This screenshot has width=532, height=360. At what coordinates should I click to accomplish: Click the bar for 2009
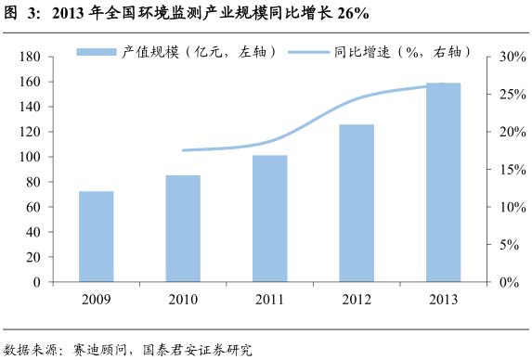point(97,237)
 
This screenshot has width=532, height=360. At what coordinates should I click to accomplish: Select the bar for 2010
point(183,228)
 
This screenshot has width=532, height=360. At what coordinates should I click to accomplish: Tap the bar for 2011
point(270,218)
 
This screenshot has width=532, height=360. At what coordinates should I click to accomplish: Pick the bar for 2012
point(357,203)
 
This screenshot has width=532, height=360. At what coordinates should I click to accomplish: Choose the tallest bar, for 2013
point(444,182)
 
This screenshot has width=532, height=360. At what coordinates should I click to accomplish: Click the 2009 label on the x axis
point(97,298)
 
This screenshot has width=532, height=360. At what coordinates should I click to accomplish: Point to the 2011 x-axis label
point(270,298)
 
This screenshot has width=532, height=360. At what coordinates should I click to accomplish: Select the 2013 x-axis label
point(444,298)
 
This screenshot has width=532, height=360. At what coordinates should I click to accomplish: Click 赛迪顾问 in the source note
point(103,349)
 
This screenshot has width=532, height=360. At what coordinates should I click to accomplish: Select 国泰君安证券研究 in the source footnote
point(198,349)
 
